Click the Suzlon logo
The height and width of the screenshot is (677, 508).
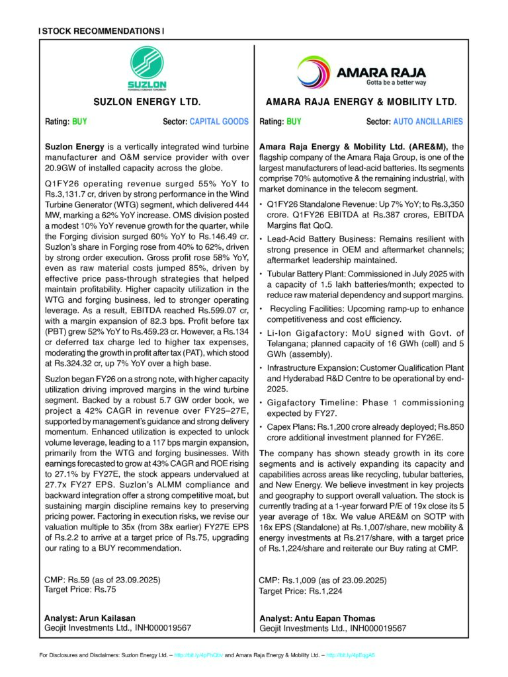point(146,67)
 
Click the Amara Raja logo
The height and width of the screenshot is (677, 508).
point(361,71)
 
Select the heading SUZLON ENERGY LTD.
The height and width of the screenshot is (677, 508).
point(147,102)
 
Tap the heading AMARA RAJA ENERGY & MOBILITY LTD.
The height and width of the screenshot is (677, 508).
point(361,102)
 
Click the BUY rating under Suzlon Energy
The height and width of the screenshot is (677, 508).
point(79,122)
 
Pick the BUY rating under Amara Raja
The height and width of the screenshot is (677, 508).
point(294,122)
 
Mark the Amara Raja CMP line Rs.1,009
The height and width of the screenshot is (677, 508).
point(323,580)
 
